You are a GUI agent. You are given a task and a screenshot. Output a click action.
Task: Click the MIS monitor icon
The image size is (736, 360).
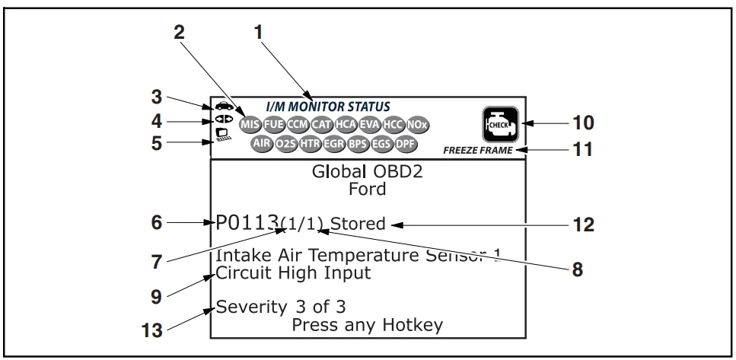click(x=248, y=123)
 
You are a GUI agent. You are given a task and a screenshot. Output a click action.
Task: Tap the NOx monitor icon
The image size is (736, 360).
click(x=416, y=123)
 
